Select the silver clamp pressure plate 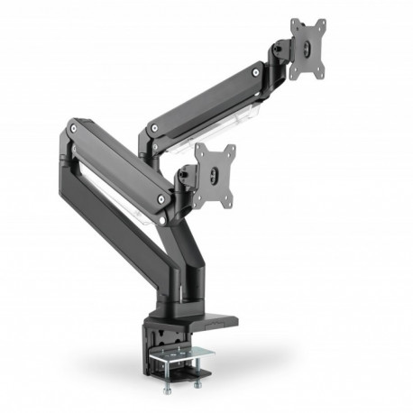coord(188,362)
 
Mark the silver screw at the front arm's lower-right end coord(162,194)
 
